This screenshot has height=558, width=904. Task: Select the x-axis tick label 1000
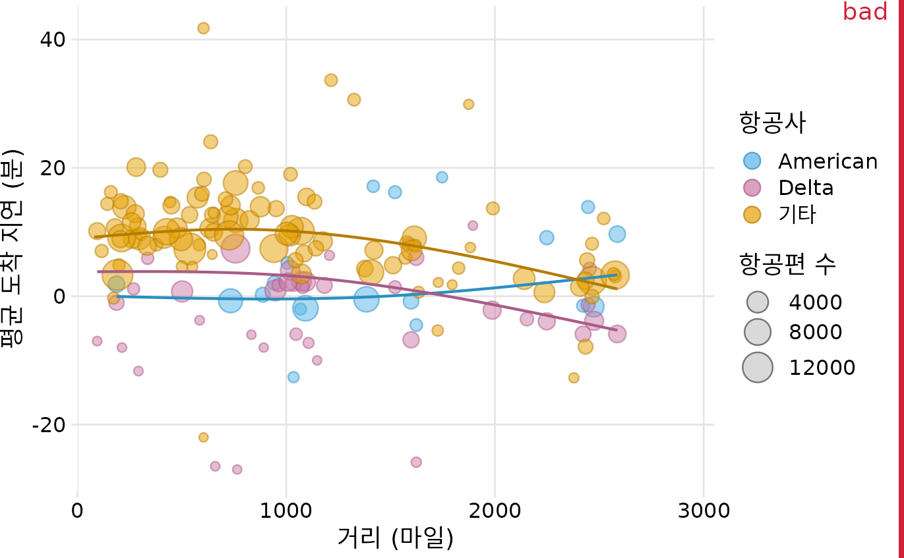pyautogui.click(x=286, y=511)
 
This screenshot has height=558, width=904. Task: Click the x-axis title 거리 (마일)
pyautogui.click(x=396, y=538)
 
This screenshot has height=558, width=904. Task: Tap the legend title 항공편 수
pyautogui.click(x=788, y=265)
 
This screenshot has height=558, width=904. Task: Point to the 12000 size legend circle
pyautogui.click(x=758, y=368)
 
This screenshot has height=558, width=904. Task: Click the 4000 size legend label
pyautogui.click(x=816, y=302)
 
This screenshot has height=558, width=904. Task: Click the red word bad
pyautogui.click(x=864, y=12)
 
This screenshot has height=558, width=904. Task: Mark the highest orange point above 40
pyautogui.click(x=203, y=28)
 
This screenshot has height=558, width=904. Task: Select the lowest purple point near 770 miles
pyautogui.click(x=237, y=470)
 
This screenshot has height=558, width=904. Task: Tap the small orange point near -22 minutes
pyautogui.click(x=203, y=437)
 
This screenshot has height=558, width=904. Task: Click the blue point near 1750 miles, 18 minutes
pyautogui.click(x=442, y=177)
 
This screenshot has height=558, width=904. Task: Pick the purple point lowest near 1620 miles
pyautogui.click(x=416, y=462)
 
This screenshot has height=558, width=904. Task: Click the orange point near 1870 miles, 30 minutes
pyautogui.click(x=468, y=104)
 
